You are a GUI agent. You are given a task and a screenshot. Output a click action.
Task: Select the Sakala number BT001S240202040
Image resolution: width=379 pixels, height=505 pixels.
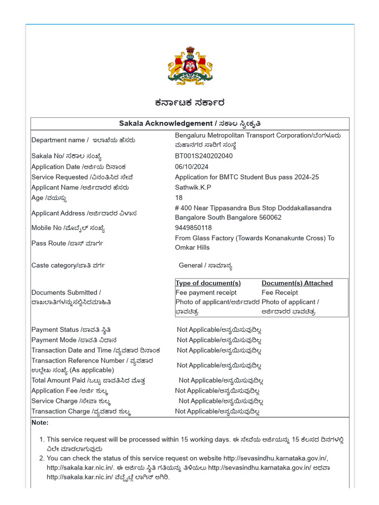click(203, 156)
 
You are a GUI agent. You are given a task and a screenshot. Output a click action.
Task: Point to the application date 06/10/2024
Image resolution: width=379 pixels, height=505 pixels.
click(190, 167)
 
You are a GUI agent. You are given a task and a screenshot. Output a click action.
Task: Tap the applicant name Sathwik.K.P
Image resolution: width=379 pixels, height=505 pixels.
click(193, 187)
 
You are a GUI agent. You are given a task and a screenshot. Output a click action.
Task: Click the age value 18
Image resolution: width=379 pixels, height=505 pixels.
click(179, 198)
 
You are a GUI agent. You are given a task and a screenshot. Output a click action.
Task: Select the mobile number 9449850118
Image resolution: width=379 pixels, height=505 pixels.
click(193, 228)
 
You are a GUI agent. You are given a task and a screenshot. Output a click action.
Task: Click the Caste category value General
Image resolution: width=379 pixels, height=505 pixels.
click(190, 265)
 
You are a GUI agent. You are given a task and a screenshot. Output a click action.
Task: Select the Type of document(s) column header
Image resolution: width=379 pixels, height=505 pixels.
click(208, 283)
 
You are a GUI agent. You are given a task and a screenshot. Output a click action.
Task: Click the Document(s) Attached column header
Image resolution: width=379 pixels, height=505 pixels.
click(297, 283)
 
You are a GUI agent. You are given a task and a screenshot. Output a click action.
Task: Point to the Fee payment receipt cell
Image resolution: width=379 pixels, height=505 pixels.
click(206, 292)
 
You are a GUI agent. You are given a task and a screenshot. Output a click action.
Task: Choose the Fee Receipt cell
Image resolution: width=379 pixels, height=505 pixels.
click(280, 292)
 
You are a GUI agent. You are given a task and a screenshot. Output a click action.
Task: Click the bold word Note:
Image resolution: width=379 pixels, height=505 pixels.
click(40, 423)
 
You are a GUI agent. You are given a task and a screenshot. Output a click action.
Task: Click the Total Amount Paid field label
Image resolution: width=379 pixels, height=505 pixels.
click(58, 380)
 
